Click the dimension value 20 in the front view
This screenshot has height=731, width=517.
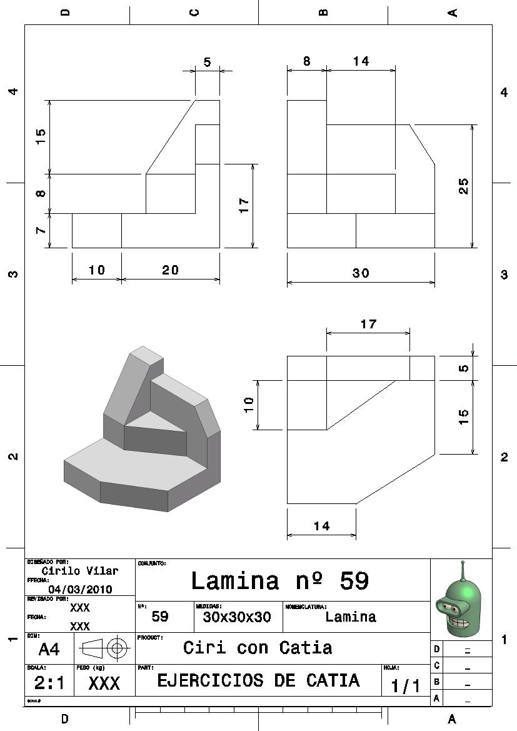(170, 270)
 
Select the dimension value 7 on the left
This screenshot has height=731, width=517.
(41, 230)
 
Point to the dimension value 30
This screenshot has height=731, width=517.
(361, 273)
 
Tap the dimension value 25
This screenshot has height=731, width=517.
(463, 186)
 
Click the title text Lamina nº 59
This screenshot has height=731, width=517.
(279, 581)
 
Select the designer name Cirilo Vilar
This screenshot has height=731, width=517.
(79, 571)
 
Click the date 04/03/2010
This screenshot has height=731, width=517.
(80, 589)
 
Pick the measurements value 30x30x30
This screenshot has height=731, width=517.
(237, 617)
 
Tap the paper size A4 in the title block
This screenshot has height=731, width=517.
(49, 650)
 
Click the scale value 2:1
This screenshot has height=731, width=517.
(49, 683)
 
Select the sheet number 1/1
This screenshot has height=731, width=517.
(406, 686)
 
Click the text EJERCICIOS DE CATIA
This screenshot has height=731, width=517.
(258, 680)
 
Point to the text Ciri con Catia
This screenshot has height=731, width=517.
(258, 648)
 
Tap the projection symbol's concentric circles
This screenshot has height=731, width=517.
(116, 648)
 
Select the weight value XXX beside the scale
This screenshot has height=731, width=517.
(104, 684)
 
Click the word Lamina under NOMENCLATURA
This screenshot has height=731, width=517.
(351, 617)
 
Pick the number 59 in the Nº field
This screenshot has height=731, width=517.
(160, 617)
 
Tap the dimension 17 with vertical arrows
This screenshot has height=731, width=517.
(244, 205)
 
